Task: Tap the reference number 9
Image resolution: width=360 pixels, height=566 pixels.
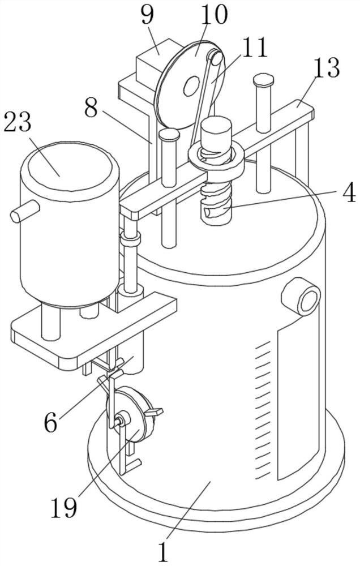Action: tap(147, 15)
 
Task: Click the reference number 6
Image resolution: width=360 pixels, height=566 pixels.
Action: tap(51, 422)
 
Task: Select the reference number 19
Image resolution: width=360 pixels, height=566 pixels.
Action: tap(64, 508)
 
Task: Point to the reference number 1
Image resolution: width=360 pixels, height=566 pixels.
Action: tap(164, 551)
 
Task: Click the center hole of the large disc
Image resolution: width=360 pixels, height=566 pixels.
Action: tap(191, 86)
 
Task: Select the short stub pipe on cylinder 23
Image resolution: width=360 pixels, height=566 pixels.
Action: tap(25, 211)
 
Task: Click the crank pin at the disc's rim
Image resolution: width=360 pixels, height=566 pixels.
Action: tap(216, 58)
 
